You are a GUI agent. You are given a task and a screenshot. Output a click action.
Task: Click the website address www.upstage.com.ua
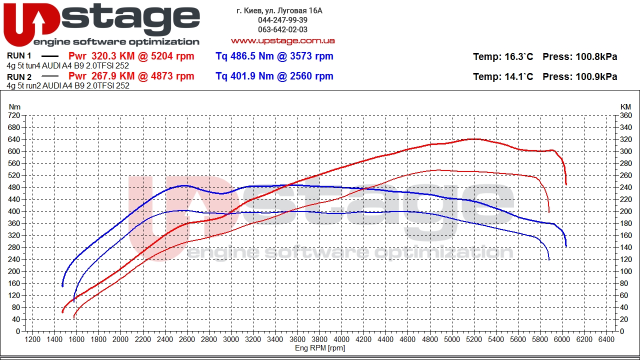click(x=283, y=41)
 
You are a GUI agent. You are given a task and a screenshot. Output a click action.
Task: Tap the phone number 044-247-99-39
click(x=282, y=20)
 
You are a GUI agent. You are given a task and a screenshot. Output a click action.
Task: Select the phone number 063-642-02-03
click(x=282, y=29)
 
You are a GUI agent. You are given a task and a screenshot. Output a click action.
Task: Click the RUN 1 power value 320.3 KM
click(x=113, y=55)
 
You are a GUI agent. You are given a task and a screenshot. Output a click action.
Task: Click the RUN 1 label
click(x=19, y=55)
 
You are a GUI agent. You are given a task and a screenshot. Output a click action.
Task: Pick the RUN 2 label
click(x=19, y=77)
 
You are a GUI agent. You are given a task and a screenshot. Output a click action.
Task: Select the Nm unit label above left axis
click(x=14, y=107)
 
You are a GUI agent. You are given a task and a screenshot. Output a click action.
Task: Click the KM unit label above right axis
click(x=625, y=107)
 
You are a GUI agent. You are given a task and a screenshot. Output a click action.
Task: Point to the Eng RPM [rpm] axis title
click(x=320, y=348)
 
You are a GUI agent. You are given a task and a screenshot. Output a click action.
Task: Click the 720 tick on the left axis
click(x=14, y=115)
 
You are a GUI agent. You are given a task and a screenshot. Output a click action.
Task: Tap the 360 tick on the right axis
click(x=625, y=115)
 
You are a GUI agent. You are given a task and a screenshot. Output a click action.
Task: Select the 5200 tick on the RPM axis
click(x=473, y=339)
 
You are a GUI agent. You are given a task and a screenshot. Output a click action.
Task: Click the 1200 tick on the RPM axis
click(x=32, y=339)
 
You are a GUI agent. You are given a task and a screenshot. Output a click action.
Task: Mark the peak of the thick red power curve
click(x=474, y=139)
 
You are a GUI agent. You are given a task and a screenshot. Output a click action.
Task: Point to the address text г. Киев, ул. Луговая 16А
click(x=279, y=11)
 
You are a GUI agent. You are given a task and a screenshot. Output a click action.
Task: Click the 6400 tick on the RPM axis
click(x=606, y=339)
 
